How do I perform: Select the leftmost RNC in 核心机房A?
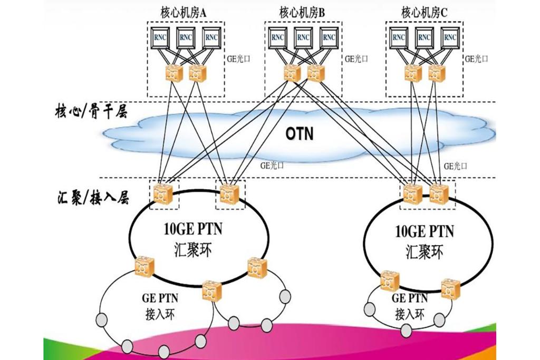click(x=160, y=38)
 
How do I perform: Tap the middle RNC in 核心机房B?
click(x=302, y=38)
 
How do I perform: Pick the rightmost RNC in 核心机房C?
click(x=450, y=38)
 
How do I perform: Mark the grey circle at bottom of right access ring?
click(x=406, y=331)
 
